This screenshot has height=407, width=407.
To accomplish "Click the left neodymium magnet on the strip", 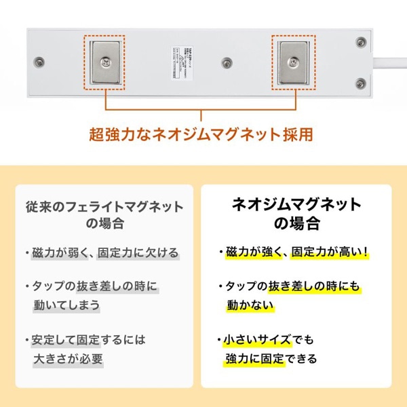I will tap(105, 62).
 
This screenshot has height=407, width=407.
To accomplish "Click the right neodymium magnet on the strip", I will tap(294, 62).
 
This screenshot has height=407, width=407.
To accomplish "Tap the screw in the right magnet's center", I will tap(294, 62).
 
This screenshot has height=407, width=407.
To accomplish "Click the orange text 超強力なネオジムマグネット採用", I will tap(201, 134).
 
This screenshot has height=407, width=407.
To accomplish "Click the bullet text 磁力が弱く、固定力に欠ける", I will tap(105, 253).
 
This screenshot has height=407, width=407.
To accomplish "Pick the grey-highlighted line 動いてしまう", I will tap(66, 305).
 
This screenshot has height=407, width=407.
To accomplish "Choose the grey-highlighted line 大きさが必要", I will tap(67, 358).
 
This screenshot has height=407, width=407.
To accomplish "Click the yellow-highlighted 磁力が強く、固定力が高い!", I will tap(296, 253).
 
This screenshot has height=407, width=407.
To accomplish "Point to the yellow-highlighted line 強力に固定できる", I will tap(271, 358).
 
